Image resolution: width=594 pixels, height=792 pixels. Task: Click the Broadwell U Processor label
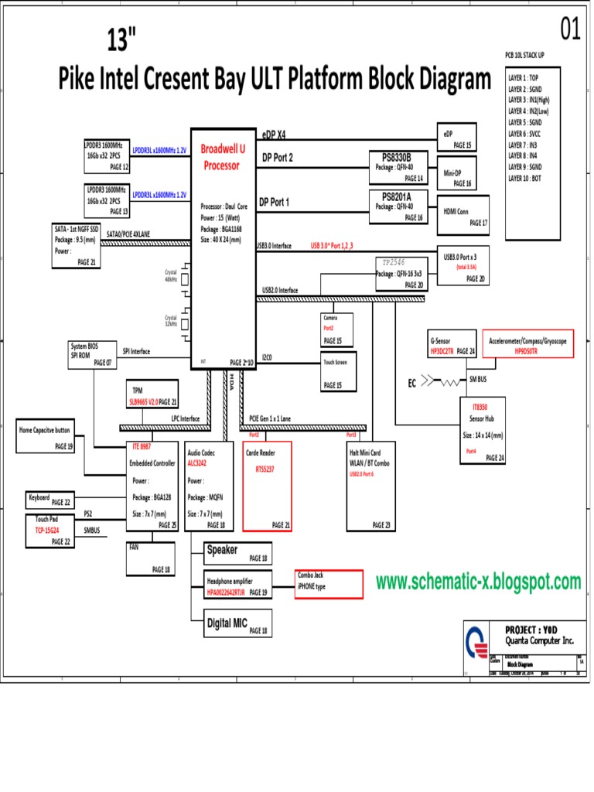tap(220, 156)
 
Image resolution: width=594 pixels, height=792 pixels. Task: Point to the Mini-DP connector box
tap(456, 173)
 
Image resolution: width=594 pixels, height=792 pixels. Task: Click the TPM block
tap(152, 394)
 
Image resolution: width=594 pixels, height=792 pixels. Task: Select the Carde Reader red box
tap(266, 486)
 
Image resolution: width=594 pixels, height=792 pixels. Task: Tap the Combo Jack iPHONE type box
tap(328, 584)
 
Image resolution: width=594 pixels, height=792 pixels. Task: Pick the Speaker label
tap(222, 551)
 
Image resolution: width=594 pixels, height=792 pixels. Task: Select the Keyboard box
tap(50, 500)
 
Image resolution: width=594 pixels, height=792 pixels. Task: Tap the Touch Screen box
tap(337, 372)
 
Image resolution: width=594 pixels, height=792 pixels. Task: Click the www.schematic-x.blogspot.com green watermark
tap(478, 582)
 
